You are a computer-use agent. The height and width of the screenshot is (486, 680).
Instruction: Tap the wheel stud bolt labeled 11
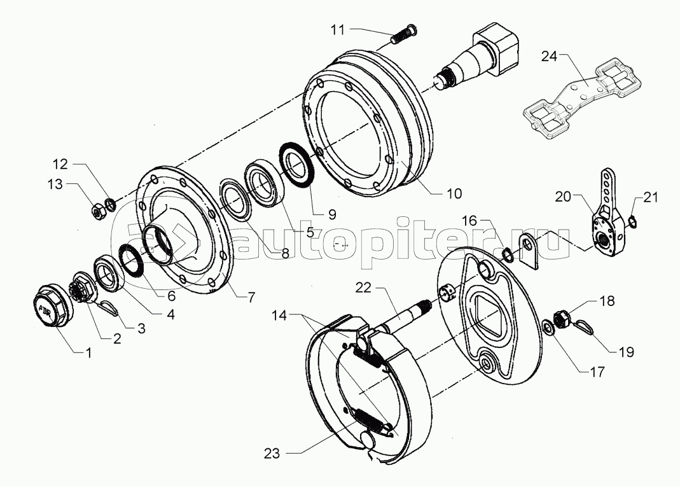(x=405, y=35)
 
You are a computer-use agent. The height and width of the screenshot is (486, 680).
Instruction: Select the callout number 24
(x=549, y=57)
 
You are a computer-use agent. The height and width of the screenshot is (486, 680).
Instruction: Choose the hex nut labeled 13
(x=98, y=211)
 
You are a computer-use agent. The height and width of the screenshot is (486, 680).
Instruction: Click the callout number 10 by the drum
(x=454, y=193)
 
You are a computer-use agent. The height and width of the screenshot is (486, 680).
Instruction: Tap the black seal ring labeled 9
(x=295, y=164)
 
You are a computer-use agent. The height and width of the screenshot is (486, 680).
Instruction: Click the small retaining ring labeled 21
(x=632, y=222)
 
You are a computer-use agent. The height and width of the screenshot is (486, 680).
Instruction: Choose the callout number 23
(x=272, y=454)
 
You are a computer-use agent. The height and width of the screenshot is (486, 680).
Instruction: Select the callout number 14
(x=279, y=316)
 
